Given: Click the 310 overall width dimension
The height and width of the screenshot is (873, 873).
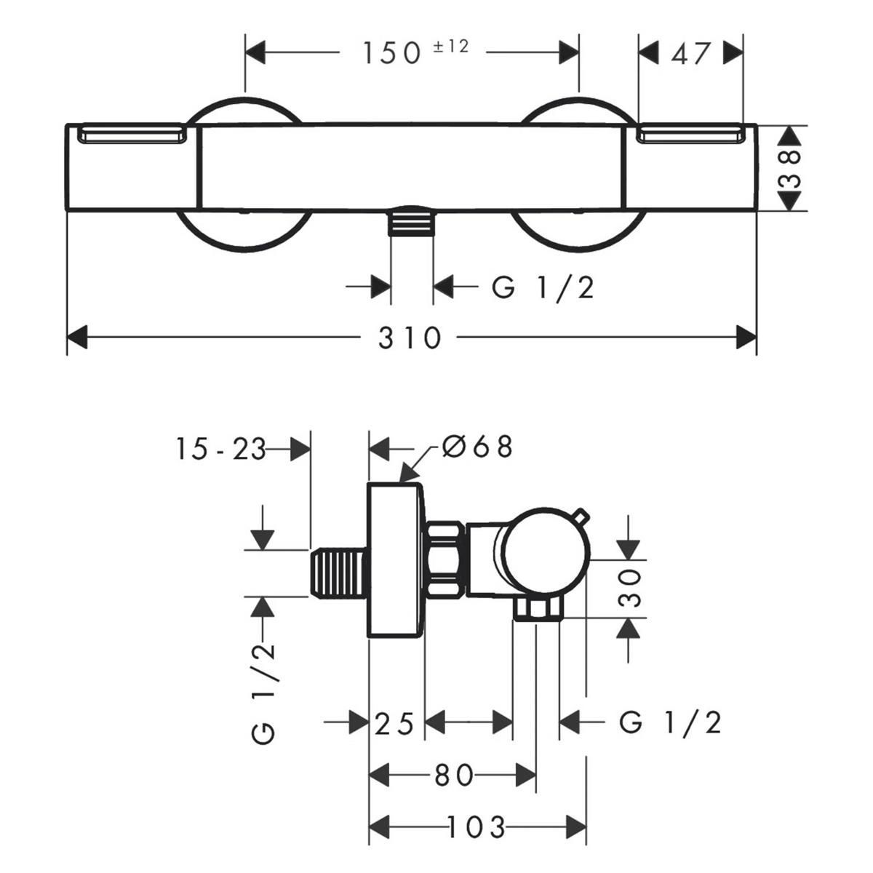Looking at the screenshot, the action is [x=409, y=338].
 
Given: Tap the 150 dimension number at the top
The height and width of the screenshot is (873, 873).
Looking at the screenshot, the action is [x=392, y=52].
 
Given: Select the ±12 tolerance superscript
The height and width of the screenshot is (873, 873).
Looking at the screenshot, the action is [x=451, y=47].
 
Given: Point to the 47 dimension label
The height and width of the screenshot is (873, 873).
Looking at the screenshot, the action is [x=690, y=53].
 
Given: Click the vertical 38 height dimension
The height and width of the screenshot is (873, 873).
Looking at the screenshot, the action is [x=789, y=169].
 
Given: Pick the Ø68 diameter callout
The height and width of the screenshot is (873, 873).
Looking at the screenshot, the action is [x=477, y=447].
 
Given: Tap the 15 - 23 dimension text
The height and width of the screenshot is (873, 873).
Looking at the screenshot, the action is [x=220, y=450].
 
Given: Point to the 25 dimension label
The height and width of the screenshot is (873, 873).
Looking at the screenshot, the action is [x=394, y=723].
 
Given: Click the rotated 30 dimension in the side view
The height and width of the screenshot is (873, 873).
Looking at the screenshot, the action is [x=630, y=588].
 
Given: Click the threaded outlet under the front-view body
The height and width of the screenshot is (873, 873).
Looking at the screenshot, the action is [x=411, y=220].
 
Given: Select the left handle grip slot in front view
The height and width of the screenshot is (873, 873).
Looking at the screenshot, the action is [x=132, y=135].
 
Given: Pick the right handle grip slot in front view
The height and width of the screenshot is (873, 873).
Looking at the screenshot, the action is [x=690, y=135].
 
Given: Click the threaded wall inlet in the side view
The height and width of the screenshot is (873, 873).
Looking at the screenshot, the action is [x=338, y=573].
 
